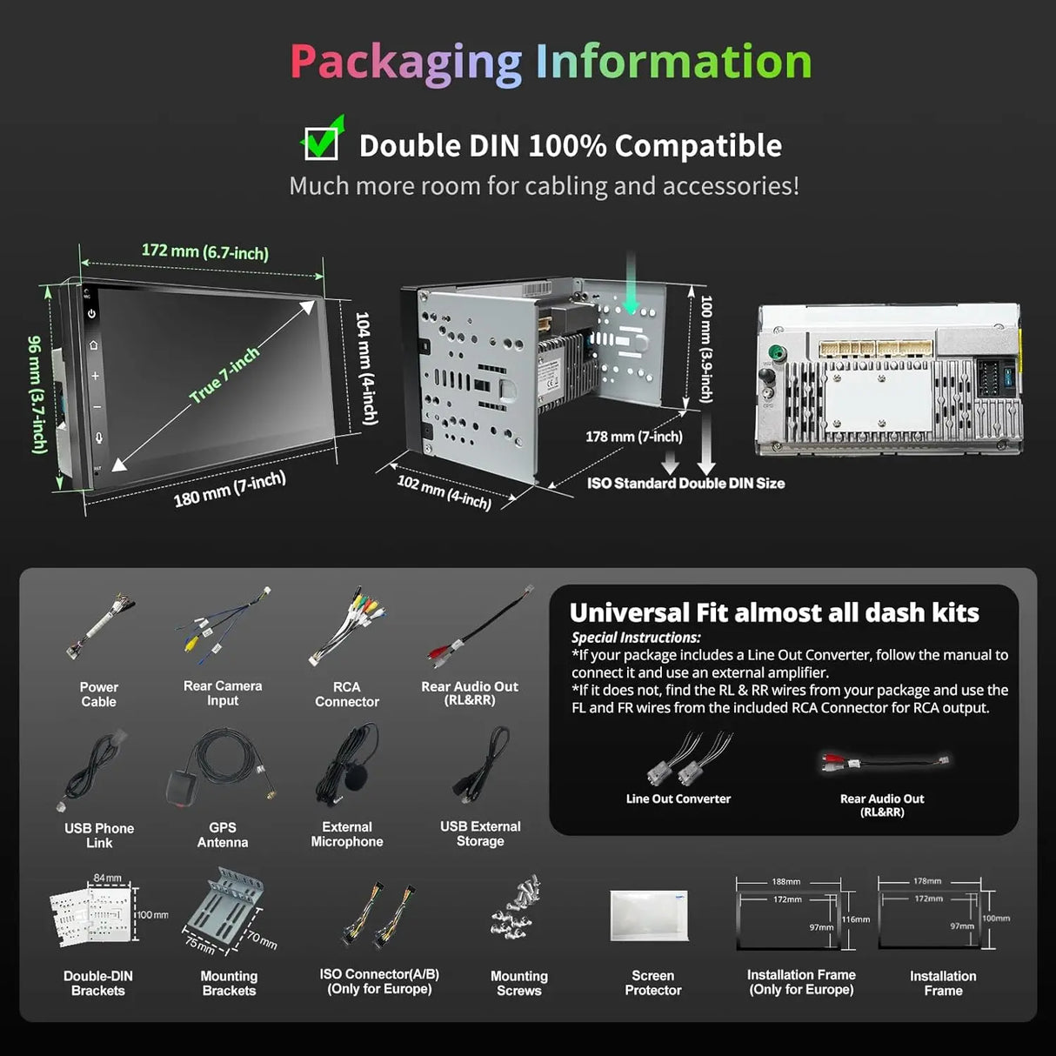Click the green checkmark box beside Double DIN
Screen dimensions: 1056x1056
[322, 142]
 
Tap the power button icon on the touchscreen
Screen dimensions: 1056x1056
[91, 313]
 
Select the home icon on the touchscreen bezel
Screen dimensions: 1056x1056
[93, 344]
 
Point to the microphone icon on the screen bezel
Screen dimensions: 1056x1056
[98, 438]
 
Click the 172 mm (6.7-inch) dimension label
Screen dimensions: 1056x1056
[205, 252]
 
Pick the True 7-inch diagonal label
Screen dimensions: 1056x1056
[224, 375]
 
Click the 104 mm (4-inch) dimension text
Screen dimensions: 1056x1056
[366, 368]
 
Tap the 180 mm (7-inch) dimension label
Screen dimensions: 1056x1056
[230, 490]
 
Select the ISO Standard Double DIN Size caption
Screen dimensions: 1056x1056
[685, 484]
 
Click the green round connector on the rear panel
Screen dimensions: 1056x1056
[775, 351]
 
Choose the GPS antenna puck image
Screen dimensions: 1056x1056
[183, 786]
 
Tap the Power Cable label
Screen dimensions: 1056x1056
[98, 694]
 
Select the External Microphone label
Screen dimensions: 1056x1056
[347, 834]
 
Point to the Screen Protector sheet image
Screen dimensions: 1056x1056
[650, 916]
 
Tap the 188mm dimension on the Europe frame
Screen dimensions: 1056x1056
[785, 882]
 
